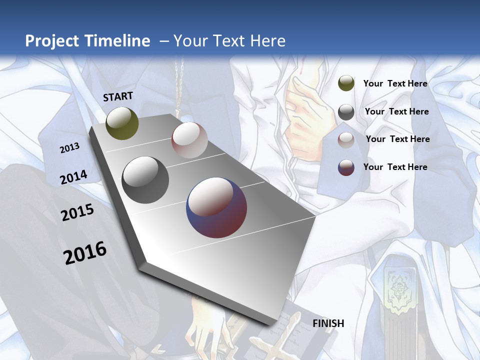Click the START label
(118, 96)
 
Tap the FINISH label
(328, 323)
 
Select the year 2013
(70, 148)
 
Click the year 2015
(77, 213)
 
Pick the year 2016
(85, 252)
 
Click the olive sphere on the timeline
(122, 123)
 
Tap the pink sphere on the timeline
(189, 140)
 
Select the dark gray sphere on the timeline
(145, 180)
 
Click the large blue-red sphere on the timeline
(216, 207)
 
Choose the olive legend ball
(346, 83)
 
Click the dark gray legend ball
(346, 111)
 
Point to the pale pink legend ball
(346, 139)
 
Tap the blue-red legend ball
(346, 167)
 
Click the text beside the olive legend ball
(395, 83)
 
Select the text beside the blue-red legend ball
(395, 167)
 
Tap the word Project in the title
(51, 41)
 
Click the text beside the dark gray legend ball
(396, 111)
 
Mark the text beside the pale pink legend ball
(397, 139)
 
